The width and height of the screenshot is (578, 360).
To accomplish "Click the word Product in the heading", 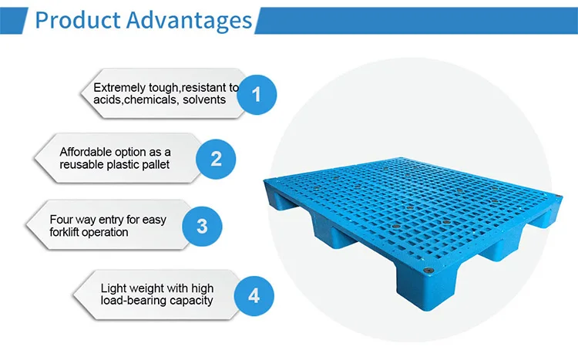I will coord(75,19).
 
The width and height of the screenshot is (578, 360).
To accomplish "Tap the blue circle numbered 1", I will coord(257,94).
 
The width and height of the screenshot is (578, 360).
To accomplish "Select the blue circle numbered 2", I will coord(217,160).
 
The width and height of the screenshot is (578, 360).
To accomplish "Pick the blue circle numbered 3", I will coord(202,226).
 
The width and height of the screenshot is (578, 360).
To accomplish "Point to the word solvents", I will coord(204,100).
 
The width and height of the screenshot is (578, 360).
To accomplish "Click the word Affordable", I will coord(89,152).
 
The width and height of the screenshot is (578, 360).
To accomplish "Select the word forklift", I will coord(69,232).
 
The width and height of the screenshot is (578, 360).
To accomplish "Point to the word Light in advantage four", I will coord(113,288).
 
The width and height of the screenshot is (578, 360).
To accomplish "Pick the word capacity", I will coord(194,301).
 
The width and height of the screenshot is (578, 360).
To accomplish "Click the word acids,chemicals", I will coord(136,100).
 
